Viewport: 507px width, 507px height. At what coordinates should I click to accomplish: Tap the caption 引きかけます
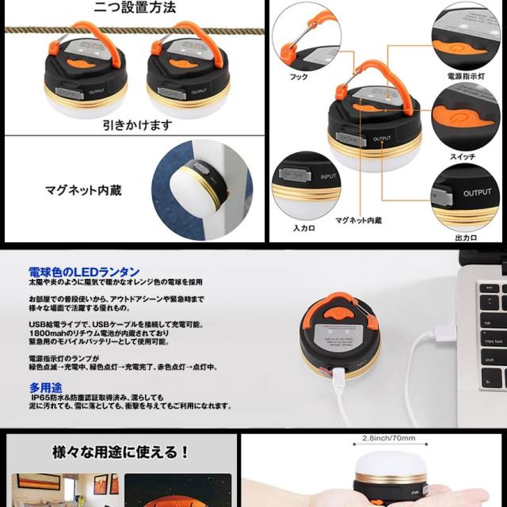coord(136,125)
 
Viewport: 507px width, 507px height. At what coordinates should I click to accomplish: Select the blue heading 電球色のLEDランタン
coord(82,271)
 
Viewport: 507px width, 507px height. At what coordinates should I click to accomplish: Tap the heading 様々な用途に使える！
coord(120,452)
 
